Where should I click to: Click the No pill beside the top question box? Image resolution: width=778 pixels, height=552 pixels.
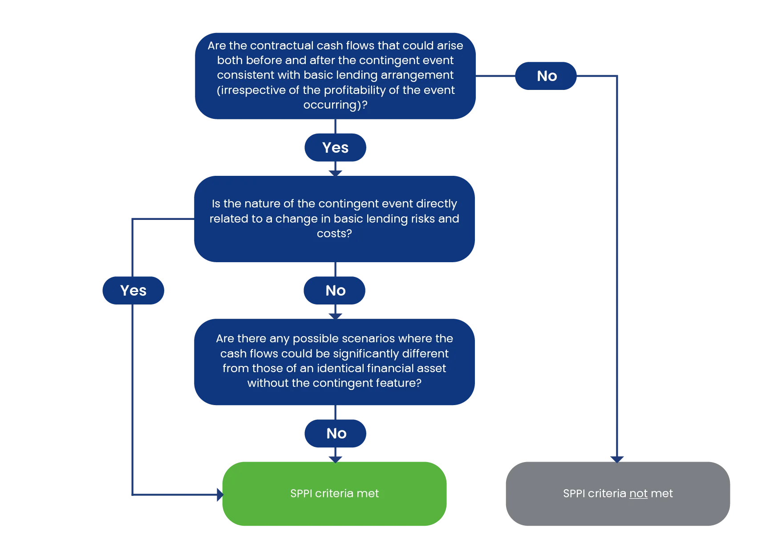(546, 76)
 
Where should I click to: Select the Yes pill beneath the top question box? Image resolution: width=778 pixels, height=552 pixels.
(335, 147)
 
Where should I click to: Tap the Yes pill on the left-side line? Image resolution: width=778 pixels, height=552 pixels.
(133, 290)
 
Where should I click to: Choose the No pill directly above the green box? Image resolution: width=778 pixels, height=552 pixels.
(335, 433)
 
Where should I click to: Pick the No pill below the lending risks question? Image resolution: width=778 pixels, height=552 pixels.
(335, 290)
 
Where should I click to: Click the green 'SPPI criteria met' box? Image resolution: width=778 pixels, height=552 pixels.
(334, 494)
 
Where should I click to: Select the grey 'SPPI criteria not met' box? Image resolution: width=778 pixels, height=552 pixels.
(618, 494)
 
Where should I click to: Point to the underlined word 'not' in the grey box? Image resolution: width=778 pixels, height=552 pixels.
(638, 494)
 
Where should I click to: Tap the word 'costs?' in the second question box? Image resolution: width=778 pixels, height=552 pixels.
(334, 233)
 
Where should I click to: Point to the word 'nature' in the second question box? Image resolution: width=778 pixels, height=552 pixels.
(263, 203)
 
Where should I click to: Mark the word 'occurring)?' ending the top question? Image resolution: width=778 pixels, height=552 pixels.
(335, 105)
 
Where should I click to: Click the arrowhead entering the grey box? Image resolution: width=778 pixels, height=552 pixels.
(617, 459)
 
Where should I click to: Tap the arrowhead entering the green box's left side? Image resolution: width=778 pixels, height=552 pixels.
(220, 495)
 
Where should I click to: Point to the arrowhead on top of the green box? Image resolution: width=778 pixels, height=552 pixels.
(335, 459)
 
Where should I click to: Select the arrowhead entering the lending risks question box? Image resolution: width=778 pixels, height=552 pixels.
(335, 173)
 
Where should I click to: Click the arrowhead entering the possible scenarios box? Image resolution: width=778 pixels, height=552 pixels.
(335, 316)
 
